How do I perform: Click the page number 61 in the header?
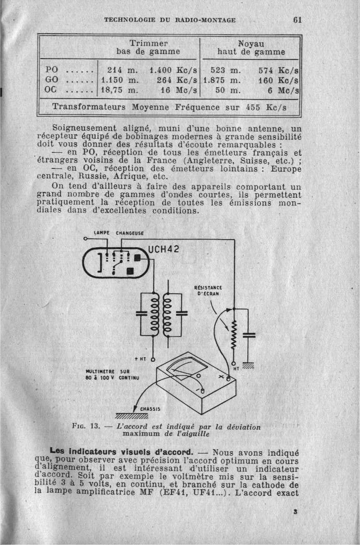point(297,20)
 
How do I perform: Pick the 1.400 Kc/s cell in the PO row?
point(173,71)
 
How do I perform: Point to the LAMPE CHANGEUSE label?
point(118,233)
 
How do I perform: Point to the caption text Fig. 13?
point(86,427)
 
